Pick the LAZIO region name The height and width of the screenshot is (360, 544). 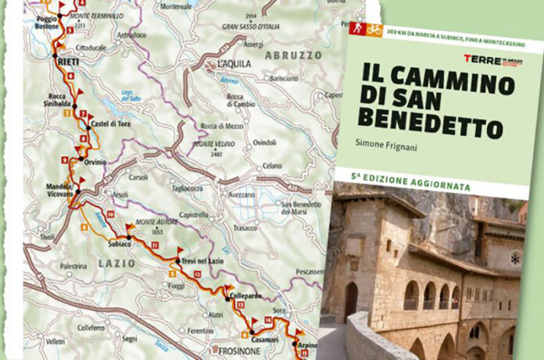(x=117, y=264)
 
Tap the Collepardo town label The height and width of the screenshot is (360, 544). (x=245, y=297)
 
